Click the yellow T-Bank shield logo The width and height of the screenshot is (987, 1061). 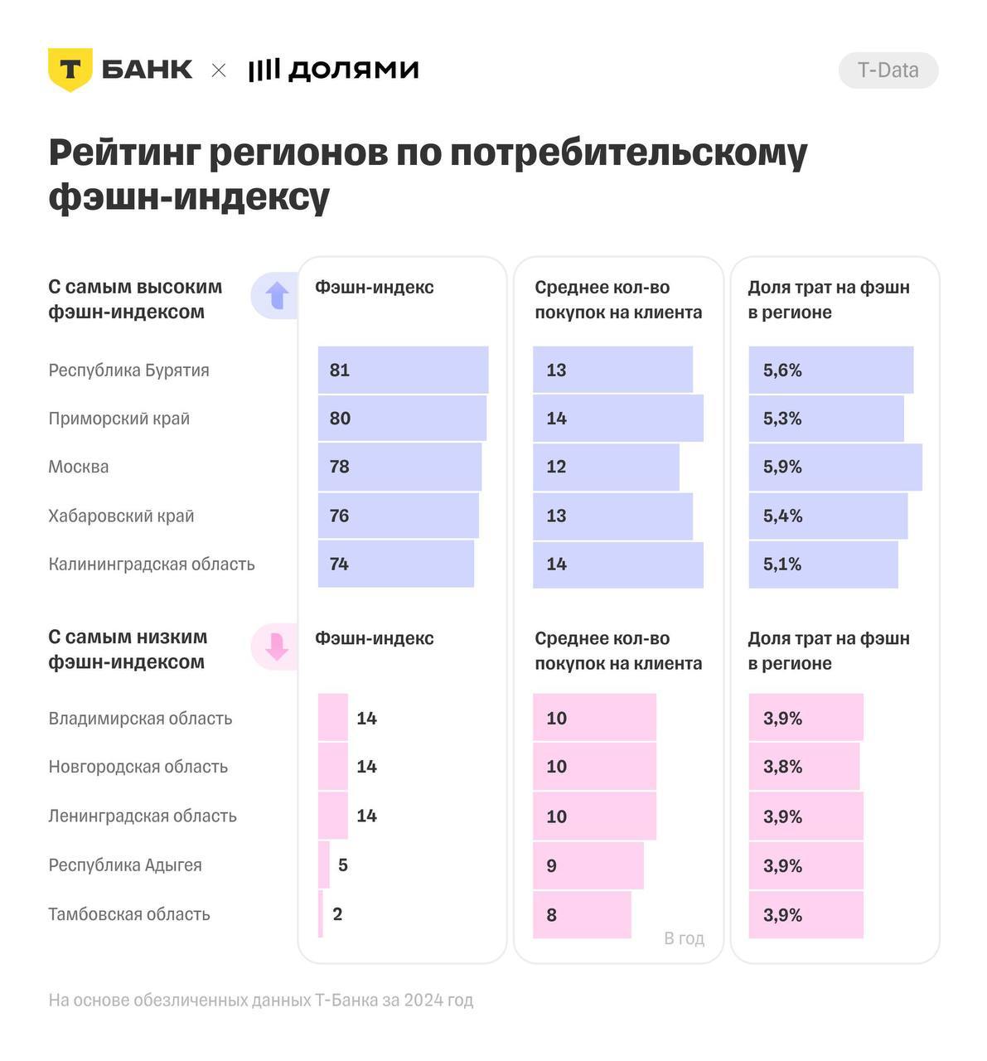click(70, 70)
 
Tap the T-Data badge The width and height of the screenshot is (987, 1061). click(888, 70)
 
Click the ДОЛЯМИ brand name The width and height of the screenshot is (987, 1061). click(352, 70)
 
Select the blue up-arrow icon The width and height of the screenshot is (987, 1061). click(276, 295)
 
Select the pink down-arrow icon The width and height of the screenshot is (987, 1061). click(276, 647)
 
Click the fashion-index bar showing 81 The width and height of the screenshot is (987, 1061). click(403, 370)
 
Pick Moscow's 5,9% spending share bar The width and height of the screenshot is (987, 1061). click(835, 467)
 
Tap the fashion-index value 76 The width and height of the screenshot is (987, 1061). click(339, 516)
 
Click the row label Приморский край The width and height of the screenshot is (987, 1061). click(119, 419)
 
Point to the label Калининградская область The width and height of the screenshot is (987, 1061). click(152, 564)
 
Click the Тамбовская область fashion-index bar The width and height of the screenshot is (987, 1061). click(321, 914)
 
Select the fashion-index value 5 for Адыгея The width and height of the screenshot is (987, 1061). click(343, 865)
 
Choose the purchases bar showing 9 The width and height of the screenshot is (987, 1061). click(588, 865)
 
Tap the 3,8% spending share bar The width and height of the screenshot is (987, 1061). click(804, 767)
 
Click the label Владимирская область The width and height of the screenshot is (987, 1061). click(140, 719)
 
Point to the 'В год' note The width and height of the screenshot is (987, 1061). click(684, 938)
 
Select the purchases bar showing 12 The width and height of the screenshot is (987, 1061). click(606, 467)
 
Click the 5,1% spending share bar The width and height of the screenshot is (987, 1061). click(823, 564)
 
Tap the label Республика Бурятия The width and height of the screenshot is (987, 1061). click(128, 371)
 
